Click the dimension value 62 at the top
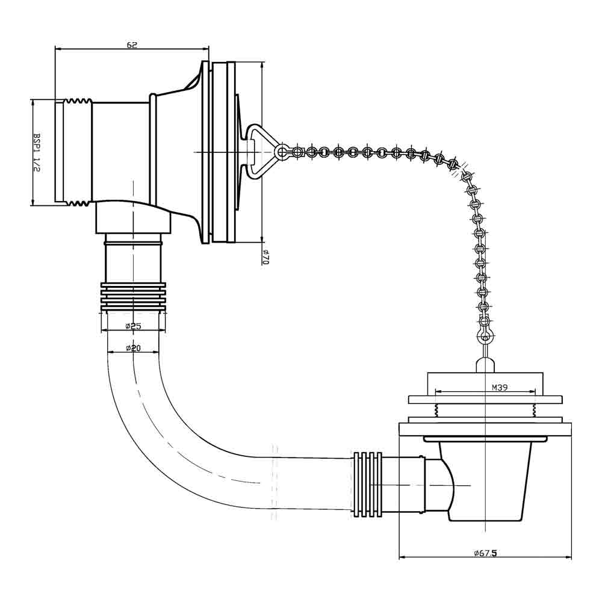[x=132, y=45]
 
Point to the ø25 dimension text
[x=133, y=326]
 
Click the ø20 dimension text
[x=133, y=349]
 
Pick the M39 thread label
[x=500, y=388]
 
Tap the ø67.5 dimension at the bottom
[x=485, y=552]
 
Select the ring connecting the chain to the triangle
[x=281, y=151]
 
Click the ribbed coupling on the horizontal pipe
[x=368, y=484]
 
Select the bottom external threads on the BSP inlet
[x=77, y=203]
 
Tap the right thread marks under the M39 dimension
[x=533, y=411]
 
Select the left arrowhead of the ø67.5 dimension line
[x=403, y=557]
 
